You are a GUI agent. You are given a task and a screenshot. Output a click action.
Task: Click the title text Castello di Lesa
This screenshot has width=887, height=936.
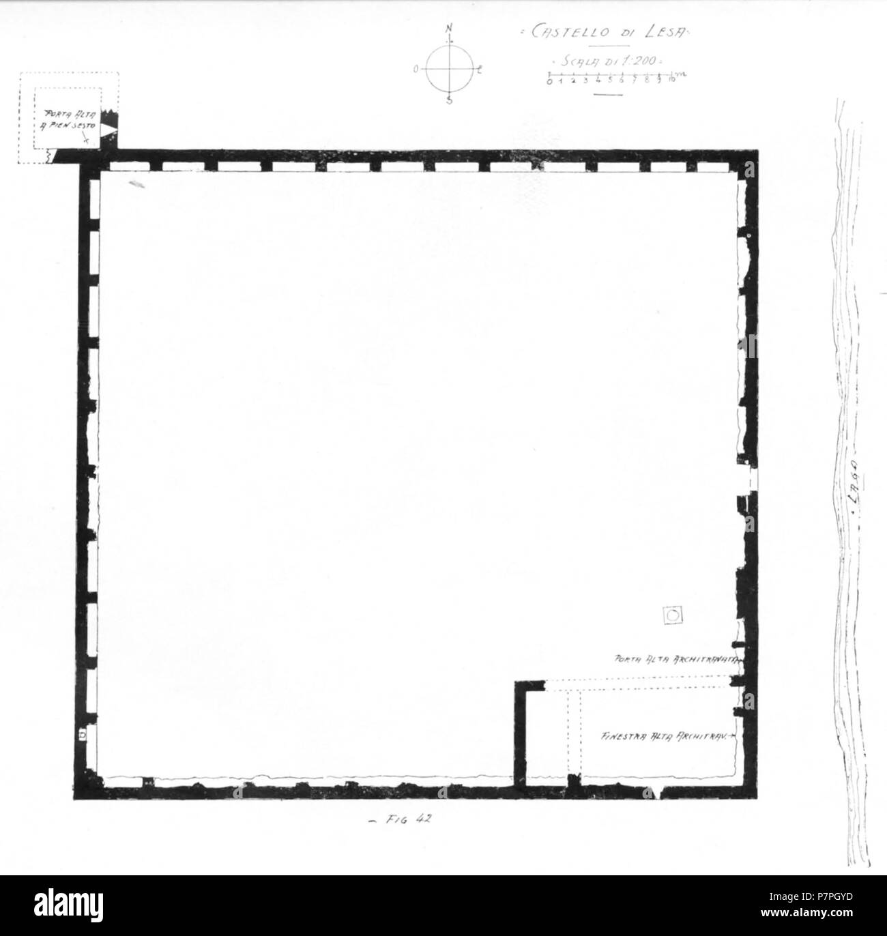pos(602,33)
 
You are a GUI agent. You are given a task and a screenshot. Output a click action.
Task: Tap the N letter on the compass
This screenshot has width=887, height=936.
pos(449,29)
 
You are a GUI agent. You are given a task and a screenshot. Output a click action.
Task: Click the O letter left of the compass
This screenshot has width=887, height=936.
pos(416,69)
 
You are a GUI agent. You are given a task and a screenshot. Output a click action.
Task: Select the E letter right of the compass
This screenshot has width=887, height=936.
pos(480,69)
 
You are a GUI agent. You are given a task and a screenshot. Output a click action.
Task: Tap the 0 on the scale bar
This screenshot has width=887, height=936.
pos(549,81)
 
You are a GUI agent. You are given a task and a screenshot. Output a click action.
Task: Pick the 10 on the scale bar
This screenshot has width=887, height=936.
pos(671,81)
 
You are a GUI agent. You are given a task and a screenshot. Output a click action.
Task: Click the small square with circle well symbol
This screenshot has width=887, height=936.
pos(674,615)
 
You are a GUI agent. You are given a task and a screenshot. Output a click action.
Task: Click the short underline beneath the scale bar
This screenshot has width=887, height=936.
pos(609,94)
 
